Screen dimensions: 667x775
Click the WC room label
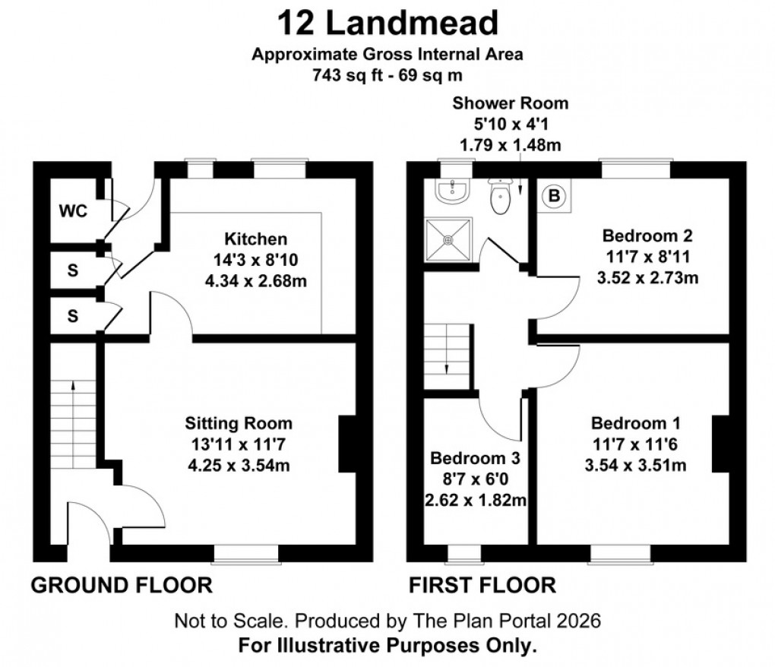coord(73,210)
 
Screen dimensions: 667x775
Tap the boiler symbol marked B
coord(555,196)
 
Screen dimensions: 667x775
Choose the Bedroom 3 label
coord(475,459)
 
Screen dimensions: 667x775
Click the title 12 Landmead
coord(387,23)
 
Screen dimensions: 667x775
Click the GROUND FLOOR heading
coord(120,585)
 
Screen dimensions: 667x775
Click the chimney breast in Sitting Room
coord(346,444)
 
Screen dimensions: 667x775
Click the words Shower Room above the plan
coord(510,103)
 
